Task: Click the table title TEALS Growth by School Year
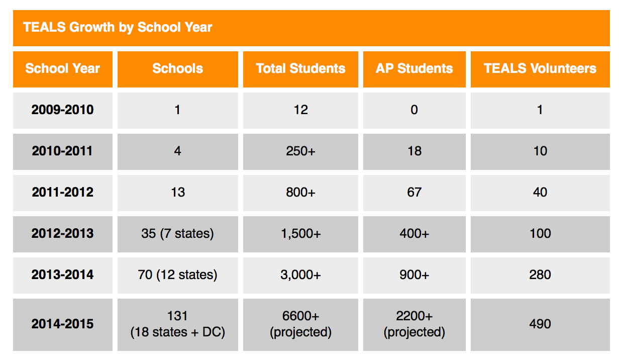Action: click(x=118, y=27)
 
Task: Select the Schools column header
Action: click(x=178, y=69)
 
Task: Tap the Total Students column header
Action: click(x=300, y=69)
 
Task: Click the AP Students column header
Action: click(x=414, y=69)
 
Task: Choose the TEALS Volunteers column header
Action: click(x=540, y=69)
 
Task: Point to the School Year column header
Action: click(x=63, y=69)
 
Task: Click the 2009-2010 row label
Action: click(x=63, y=110)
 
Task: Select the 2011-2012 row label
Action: click(x=63, y=192)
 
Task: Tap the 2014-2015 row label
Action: click(x=63, y=324)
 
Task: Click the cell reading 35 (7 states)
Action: click(x=178, y=234)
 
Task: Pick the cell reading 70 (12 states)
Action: click(x=178, y=275)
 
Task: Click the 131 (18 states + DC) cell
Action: click(x=178, y=324)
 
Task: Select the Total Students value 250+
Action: click(x=300, y=151)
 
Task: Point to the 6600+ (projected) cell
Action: click(x=300, y=324)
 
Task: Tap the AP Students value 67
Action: click(x=414, y=192)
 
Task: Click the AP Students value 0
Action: click(x=414, y=110)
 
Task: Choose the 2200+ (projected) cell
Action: click(x=414, y=324)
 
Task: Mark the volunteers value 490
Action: click(x=540, y=324)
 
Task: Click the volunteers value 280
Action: click(x=540, y=275)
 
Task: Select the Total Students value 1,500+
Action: click(x=300, y=234)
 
